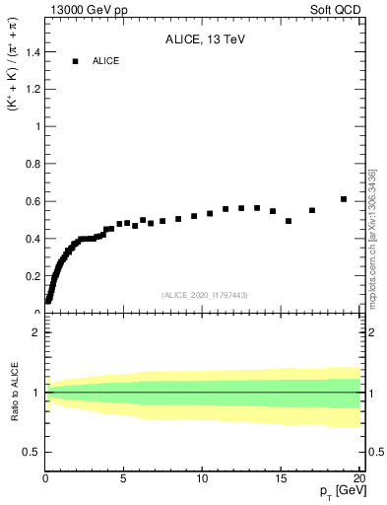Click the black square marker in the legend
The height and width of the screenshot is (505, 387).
[75, 61]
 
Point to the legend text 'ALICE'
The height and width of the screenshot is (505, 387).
[106, 61]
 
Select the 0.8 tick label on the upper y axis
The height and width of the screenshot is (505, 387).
[32, 164]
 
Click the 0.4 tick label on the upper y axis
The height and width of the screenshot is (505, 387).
[32, 239]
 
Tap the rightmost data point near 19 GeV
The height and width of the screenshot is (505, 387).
[344, 199]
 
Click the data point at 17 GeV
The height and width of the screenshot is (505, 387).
[312, 210]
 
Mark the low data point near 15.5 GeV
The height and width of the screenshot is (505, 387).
[289, 221]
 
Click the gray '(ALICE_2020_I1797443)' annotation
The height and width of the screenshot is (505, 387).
[203, 295]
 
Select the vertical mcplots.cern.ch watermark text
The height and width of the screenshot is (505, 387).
[372, 237]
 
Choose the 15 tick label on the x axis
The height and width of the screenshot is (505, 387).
[281, 480]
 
